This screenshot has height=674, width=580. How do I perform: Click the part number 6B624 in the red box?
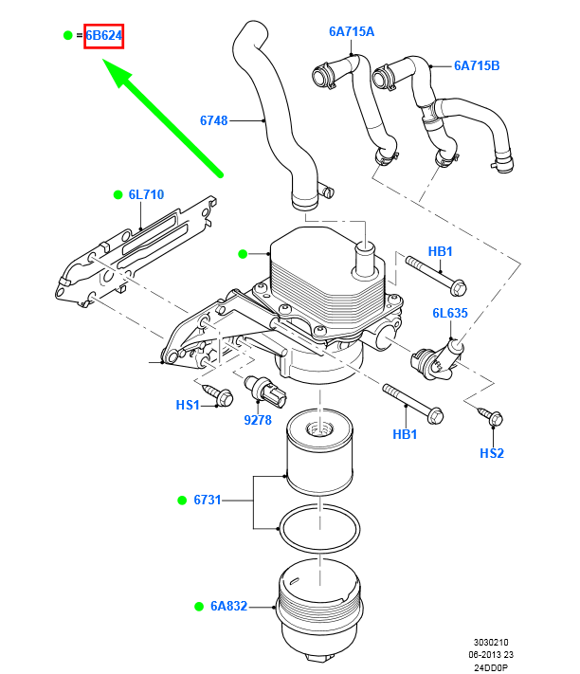coord(104,36)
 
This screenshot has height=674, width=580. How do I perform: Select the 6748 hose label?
coord(214,120)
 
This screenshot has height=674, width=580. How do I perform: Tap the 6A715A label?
coord(352,31)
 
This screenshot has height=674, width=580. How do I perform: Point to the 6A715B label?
coord(476,65)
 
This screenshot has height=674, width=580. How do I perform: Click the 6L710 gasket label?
coord(146,194)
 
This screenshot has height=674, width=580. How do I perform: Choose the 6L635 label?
coord(450,312)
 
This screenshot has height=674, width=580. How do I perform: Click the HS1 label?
coord(188,405)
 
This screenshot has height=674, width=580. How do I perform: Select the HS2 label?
coord(491,453)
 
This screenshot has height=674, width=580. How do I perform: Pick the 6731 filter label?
coord(207,499)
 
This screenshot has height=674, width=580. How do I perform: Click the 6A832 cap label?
coord(228,606)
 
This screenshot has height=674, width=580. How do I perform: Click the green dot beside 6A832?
coord(199,606)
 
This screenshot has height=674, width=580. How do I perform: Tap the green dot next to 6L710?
coord(118,194)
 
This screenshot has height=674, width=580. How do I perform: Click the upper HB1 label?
coord(441,251)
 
